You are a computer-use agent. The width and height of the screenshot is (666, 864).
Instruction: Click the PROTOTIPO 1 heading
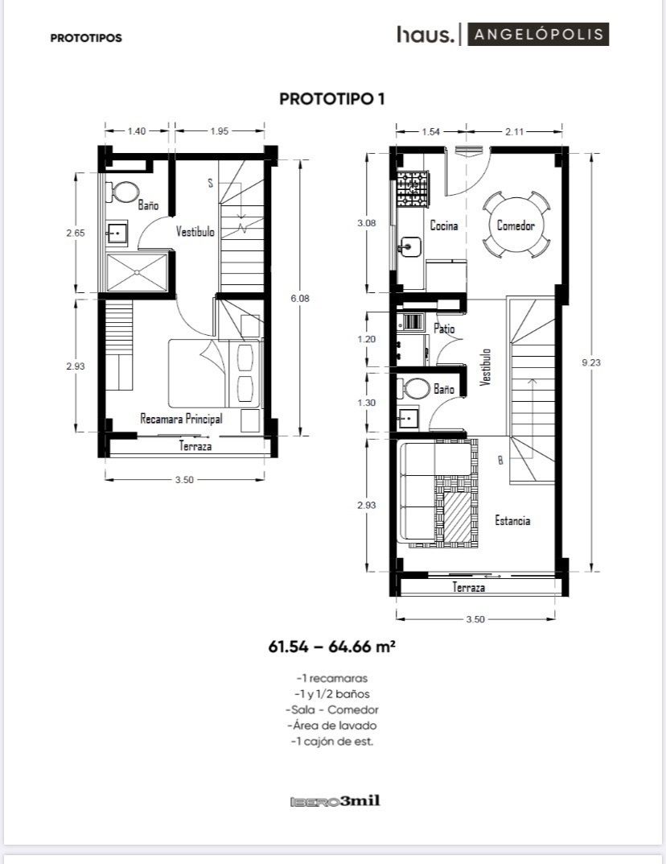coord(332,98)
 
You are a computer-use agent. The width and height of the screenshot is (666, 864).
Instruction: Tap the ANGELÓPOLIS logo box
coord(538,34)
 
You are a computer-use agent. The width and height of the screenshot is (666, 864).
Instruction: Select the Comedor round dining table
coord(516,225)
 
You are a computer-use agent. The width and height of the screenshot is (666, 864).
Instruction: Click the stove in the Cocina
coord(413,189)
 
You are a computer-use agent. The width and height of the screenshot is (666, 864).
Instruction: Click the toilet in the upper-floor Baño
coord(125,192)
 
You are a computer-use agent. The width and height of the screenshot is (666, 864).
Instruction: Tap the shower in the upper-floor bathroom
coord(137,272)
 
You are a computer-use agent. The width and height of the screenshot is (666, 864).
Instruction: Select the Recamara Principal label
coord(181,419)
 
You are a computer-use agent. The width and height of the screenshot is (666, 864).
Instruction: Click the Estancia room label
coord(512,521)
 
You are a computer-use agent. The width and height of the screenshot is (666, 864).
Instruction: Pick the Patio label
coord(444,329)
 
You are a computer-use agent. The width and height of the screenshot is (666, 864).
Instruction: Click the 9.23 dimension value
coord(591,362)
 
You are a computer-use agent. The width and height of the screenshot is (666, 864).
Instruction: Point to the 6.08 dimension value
coord(300,298)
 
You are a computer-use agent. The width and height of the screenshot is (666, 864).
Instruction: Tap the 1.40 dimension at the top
coord(137,131)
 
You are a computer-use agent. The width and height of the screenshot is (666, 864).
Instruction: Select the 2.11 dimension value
coord(514,132)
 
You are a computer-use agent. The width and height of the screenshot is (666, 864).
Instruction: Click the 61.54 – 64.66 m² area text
coord(332,646)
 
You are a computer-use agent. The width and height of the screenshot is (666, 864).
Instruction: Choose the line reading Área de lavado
coord(332,726)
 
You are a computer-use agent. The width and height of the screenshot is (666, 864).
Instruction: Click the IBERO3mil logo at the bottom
coord(335,801)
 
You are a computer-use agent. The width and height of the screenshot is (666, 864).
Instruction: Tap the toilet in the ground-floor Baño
coord(416,388)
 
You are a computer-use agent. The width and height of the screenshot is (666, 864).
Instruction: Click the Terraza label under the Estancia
coord(469,587)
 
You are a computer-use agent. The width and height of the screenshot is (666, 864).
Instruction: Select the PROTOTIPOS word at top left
coord(86,38)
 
